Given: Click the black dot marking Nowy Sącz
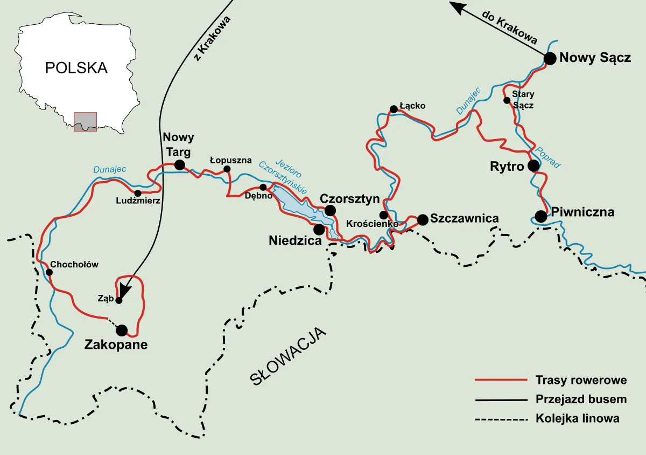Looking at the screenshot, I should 550,59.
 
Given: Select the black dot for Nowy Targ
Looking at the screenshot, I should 179,165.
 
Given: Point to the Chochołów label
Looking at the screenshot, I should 74,265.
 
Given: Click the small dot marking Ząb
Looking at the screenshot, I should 119,301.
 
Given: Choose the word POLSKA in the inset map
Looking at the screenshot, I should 76,68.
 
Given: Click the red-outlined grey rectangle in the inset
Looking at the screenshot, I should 85,121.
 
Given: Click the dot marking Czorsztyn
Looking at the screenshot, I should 329,210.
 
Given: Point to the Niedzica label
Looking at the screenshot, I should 295,240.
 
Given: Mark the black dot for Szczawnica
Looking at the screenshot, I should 423,219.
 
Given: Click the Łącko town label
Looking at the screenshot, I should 412,106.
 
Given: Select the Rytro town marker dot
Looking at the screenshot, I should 533,166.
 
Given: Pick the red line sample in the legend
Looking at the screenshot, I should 500,381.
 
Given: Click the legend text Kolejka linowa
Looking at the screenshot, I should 577,418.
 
